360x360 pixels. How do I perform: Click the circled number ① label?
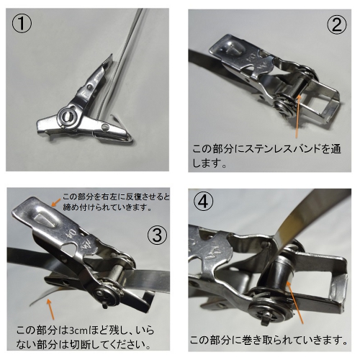(x=22, y=23)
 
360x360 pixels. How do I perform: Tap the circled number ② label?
(x=337, y=24)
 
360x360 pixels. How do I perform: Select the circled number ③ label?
(x=157, y=235)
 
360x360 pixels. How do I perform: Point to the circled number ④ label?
(x=204, y=202)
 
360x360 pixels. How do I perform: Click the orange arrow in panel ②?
(x=297, y=116)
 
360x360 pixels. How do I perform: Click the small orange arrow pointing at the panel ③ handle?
(x=56, y=202)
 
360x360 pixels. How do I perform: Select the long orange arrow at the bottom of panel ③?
(x=50, y=309)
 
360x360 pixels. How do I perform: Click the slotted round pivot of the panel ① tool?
(x=68, y=116)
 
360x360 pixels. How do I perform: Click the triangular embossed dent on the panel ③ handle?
(x=46, y=219)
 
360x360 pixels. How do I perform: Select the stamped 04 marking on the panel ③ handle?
(x=69, y=232)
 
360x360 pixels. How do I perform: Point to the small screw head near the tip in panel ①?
(x=105, y=127)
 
